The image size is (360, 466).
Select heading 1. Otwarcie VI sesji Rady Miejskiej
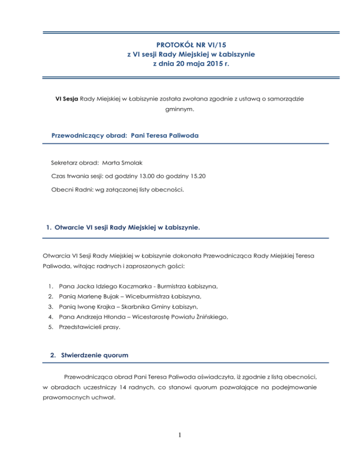coord(122,228)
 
